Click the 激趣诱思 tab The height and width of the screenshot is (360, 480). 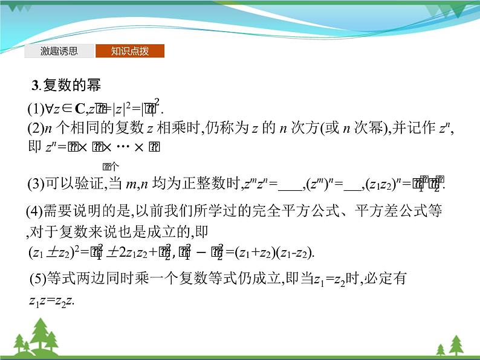(x=59, y=51)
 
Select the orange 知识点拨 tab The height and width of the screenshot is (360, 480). (x=129, y=51)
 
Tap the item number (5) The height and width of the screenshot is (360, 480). (x=37, y=280)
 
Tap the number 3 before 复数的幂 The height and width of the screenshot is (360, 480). (x=35, y=86)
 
